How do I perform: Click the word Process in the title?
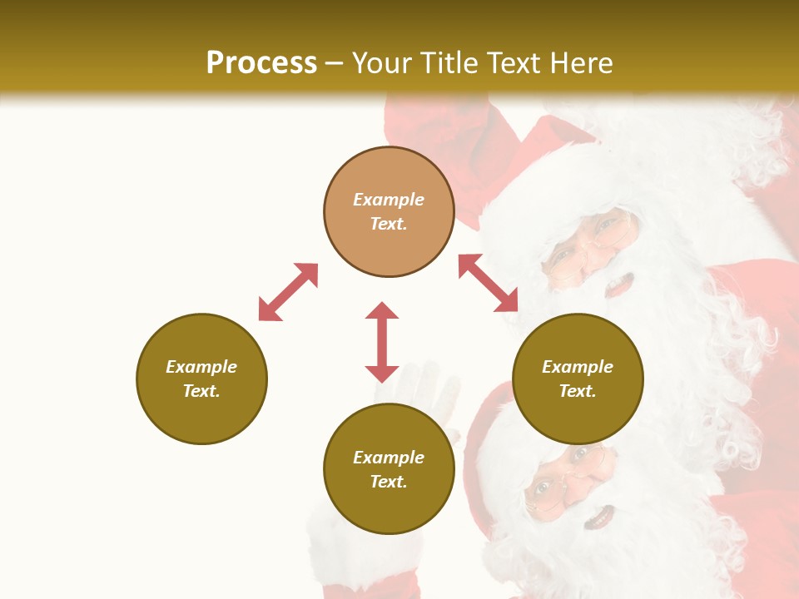tap(261, 63)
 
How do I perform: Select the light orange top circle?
tap(389, 212)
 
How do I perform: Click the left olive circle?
tap(201, 379)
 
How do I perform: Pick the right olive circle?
tap(578, 379)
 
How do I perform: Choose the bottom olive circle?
tap(389, 469)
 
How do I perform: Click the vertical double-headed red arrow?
tap(382, 342)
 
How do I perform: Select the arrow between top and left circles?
tap(288, 292)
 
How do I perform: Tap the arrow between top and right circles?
tap(489, 283)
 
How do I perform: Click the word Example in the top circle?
tap(389, 200)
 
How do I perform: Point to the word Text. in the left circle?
tap(201, 391)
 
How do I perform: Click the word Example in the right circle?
tap(578, 367)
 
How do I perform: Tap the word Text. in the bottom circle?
tap(389, 482)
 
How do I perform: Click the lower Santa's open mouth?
tap(598, 519)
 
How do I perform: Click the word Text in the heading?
tap(510, 63)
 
